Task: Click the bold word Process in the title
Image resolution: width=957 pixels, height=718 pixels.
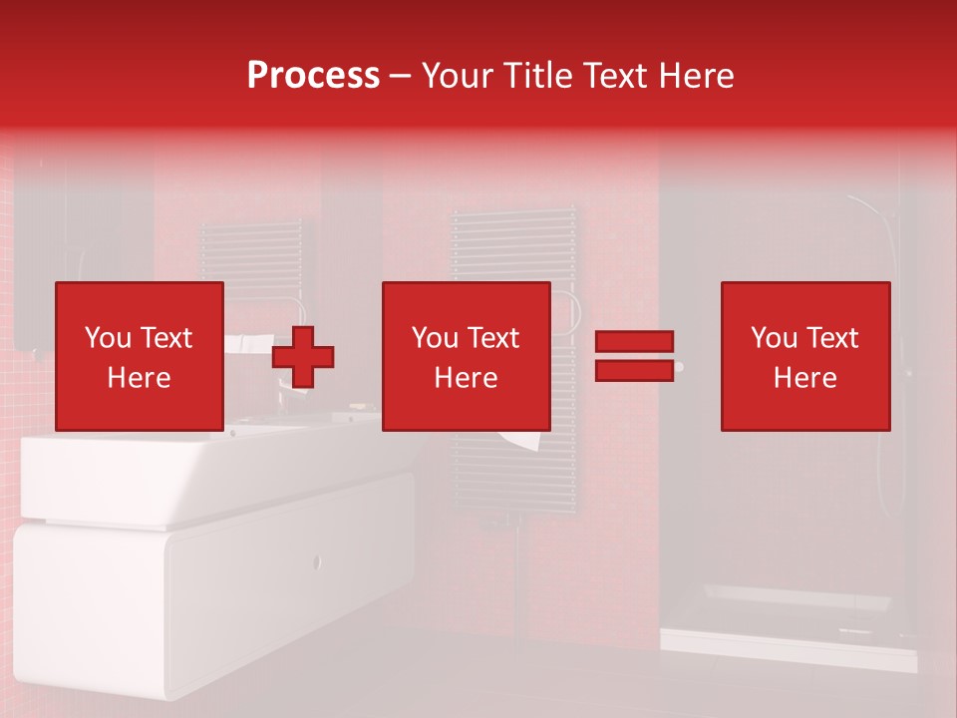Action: coord(313,76)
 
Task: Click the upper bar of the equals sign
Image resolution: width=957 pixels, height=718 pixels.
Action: coord(634,342)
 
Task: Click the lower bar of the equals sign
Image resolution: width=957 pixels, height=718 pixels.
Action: coord(634,370)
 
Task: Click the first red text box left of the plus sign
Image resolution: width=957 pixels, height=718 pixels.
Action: coord(139,356)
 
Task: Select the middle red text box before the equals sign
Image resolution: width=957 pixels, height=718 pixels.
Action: coord(466,356)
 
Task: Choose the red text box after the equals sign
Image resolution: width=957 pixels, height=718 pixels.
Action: coord(804,356)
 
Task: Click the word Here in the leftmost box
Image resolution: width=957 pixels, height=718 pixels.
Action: coord(139,378)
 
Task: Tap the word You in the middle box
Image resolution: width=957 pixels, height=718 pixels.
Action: coord(435,338)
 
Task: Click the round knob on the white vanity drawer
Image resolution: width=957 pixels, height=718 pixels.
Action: coord(318,561)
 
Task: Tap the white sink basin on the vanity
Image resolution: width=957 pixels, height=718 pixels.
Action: coord(199,479)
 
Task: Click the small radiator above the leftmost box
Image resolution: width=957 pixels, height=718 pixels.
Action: coord(249,249)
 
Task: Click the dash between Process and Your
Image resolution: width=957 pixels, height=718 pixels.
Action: coord(400,76)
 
